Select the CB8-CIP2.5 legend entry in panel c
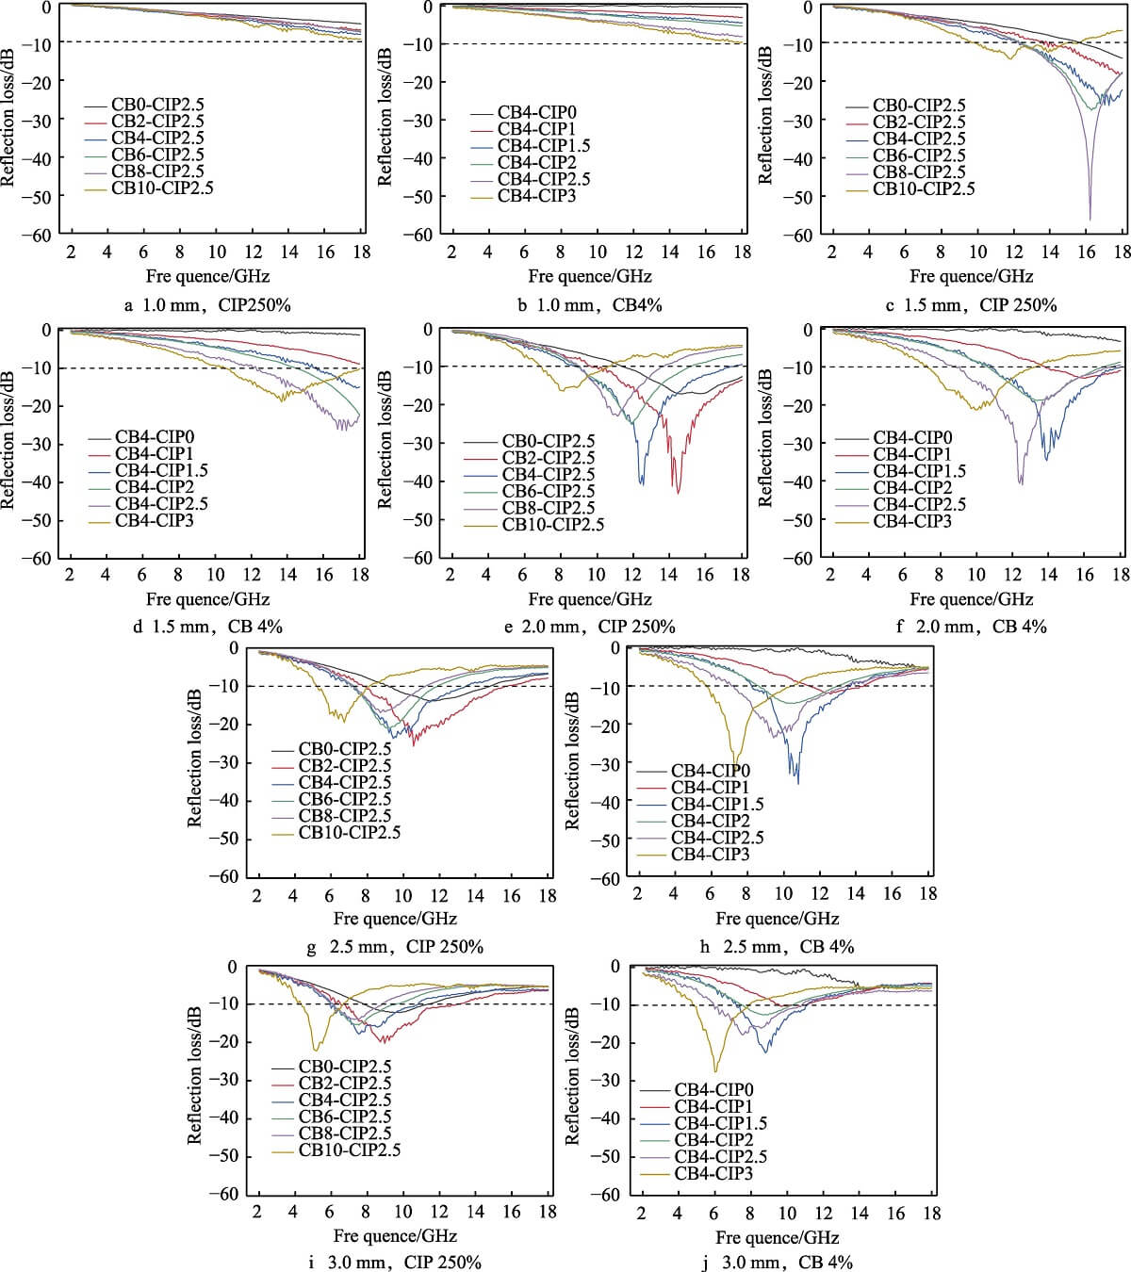(918, 172)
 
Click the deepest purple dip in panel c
(1090, 219)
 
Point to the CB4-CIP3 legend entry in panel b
(536, 196)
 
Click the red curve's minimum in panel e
(677, 491)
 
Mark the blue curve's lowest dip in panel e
(642, 483)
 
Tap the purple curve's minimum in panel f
(1021, 483)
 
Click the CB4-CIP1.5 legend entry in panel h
(717, 805)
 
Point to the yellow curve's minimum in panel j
(715, 1070)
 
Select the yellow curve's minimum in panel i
(316, 1049)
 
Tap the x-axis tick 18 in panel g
(548, 895)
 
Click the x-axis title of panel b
(590, 276)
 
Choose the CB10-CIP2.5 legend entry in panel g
(349, 833)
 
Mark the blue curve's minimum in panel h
(798, 782)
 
